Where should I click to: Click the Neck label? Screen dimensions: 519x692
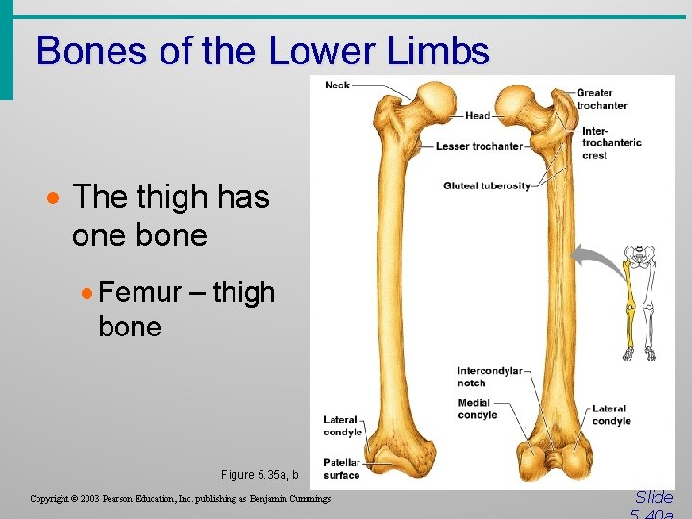[x=337, y=86]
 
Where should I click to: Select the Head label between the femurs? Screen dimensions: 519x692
[x=478, y=116]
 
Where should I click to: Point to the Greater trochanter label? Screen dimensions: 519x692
[x=602, y=99]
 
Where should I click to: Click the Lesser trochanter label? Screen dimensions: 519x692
[x=479, y=146]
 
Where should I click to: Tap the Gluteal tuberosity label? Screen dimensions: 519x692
[x=486, y=185]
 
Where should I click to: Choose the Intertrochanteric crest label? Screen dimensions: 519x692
[x=611, y=142]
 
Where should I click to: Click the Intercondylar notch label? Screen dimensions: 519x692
[x=489, y=377]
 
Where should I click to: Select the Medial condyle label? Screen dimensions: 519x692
[x=477, y=408]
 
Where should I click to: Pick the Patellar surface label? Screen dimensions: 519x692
[x=341, y=469]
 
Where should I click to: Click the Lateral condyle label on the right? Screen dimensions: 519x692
[x=611, y=414]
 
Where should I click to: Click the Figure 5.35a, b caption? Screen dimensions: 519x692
[x=259, y=474]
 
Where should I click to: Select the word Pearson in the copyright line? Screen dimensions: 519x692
[x=129, y=499]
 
